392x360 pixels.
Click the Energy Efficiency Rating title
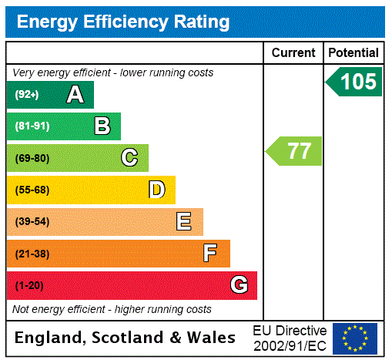tap(123, 22)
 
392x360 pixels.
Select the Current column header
tap(293, 53)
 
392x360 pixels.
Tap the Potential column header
tap(353, 53)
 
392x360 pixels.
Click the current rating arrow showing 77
tap(295, 151)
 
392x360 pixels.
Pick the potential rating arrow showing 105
tap(355, 82)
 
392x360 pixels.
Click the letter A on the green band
tap(75, 95)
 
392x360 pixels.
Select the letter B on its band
tap(102, 126)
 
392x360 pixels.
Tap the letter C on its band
tap(129, 158)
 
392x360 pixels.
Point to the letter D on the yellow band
tap(156, 190)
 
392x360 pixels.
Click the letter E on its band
tap(184, 222)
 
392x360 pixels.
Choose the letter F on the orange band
tap(210, 253)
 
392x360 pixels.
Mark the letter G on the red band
tap(239, 285)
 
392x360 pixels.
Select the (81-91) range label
tap(32, 126)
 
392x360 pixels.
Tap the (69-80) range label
tap(32, 158)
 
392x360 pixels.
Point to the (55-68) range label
tap(32, 190)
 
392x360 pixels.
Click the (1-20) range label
tap(29, 285)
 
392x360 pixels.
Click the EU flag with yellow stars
tap(355, 338)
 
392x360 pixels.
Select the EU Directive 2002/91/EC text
tap(290, 338)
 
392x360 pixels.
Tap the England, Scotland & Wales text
tap(126, 338)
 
